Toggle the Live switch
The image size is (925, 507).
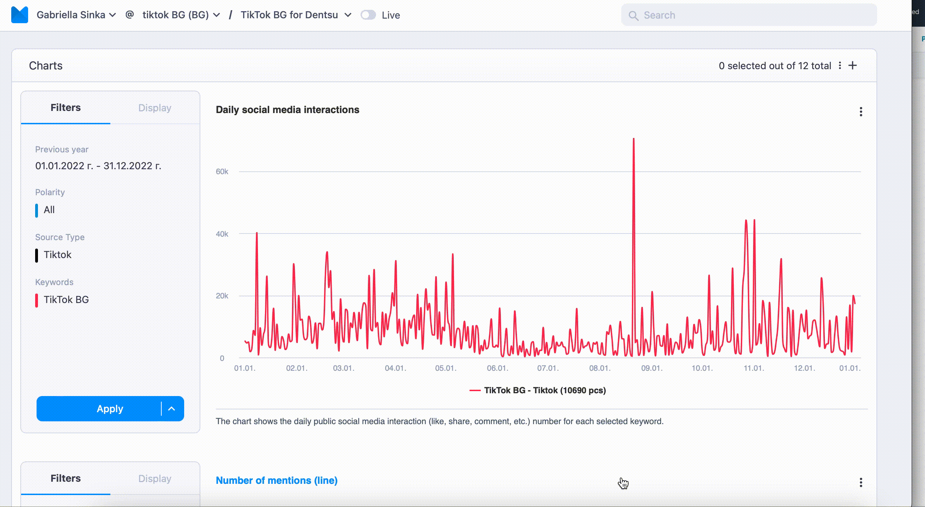click(x=368, y=15)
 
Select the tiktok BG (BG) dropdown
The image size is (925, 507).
click(x=181, y=15)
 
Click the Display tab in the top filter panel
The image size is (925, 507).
click(x=155, y=108)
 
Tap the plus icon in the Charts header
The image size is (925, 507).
click(x=853, y=66)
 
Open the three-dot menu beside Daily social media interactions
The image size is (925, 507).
click(x=861, y=112)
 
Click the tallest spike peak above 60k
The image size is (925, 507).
click(x=634, y=139)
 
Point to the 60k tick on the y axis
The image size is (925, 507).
click(x=222, y=171)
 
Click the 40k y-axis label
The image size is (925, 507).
click(x=222, y=234)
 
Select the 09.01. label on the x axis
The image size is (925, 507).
click(x=652, y=368)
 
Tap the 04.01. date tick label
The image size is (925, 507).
click(x=395, y=368)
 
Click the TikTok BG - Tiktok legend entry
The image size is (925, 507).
click(x=538, y=390)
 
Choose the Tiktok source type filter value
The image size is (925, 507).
click(x=57, y=255)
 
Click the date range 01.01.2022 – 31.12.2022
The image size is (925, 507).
click(x=98, y=166)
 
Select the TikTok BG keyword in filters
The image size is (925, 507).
click(x=66, y=299)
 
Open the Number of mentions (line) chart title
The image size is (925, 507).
click(x=277, y=480)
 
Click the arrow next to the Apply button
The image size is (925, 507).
click(x=172, y=409)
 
